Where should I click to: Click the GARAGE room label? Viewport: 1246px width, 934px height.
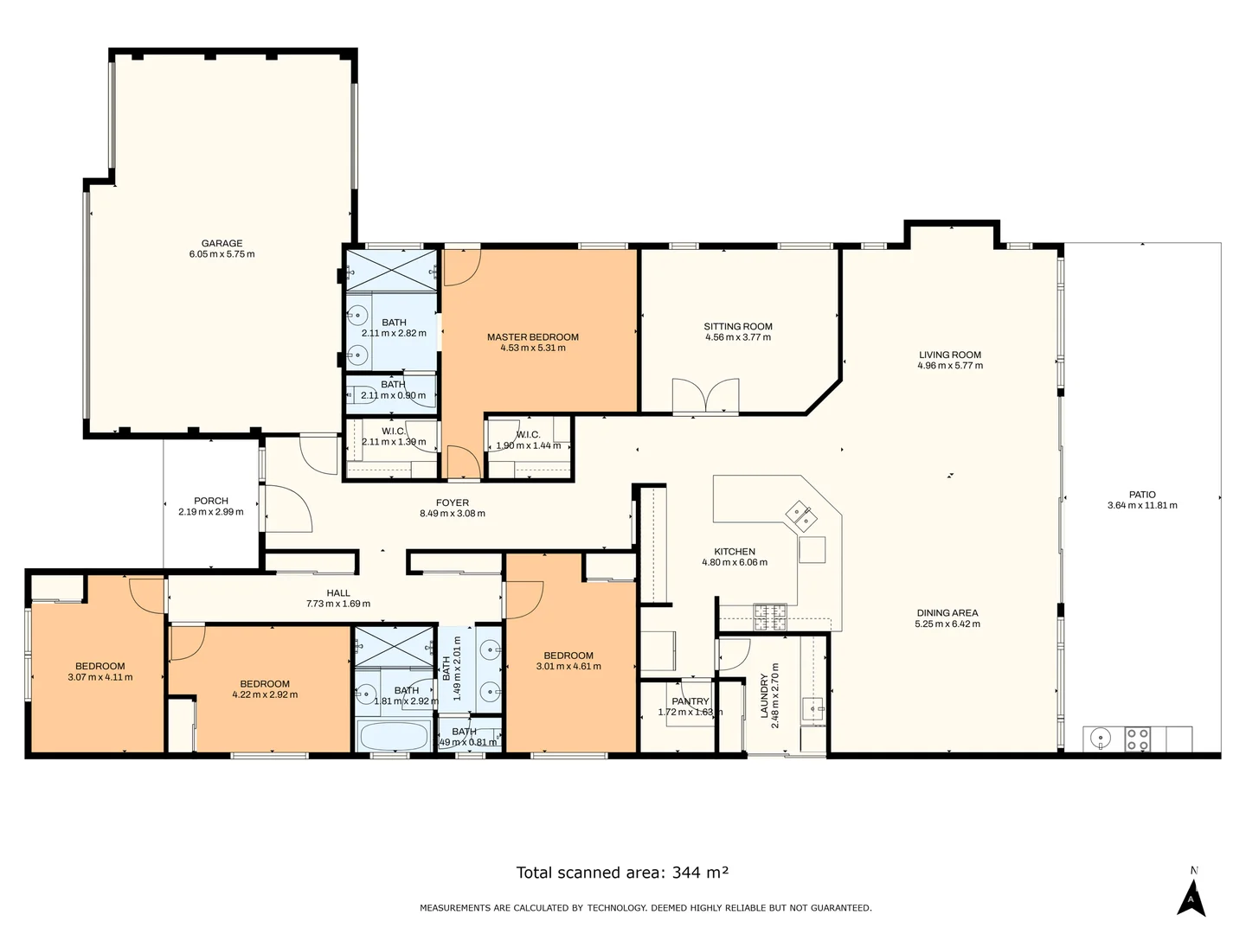(x=222, y=243)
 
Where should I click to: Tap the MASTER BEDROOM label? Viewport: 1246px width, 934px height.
(x=532, y=337)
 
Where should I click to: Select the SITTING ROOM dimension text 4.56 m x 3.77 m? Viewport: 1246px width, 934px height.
(x=737, y=337)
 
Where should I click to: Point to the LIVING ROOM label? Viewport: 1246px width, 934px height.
(x=949, y=355)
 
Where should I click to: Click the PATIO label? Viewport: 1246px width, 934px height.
(x=1142, y=495)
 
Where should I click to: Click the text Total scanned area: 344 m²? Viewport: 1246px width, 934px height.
(x=622, y=872)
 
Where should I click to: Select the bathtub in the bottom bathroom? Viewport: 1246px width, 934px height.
(x=393, y=738)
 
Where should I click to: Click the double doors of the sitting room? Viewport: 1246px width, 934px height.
(x=706, y=396)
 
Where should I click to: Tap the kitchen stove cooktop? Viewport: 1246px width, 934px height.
(x=770, y=616)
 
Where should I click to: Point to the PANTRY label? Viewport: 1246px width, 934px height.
(x=690, y=701)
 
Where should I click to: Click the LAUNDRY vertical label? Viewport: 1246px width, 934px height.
(x=763, y=696)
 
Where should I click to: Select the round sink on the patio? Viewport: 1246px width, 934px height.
(x=1100, y=739)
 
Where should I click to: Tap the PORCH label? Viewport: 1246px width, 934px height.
(x=211, y=501)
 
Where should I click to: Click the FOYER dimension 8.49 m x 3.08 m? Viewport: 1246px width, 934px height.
(x=452, y=514)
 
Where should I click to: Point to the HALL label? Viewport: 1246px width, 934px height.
(x=338, y=593)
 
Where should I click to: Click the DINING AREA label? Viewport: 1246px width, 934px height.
(x=947, y=613)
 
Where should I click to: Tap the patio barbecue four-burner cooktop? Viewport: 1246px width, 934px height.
(x=1137, y=739)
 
